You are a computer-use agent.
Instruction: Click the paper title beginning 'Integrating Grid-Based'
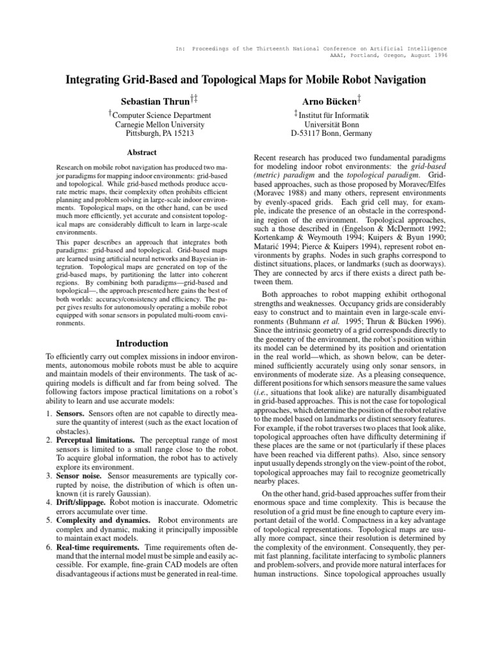(246, 80)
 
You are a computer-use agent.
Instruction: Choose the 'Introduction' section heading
(142, 343)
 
